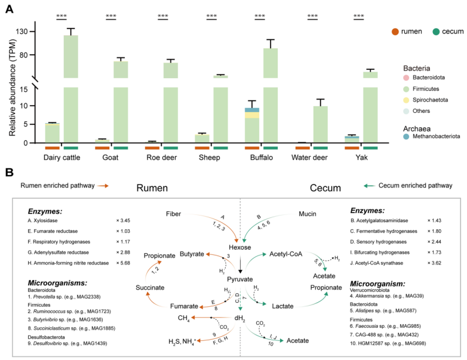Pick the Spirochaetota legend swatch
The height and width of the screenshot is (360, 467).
point(406,100)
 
